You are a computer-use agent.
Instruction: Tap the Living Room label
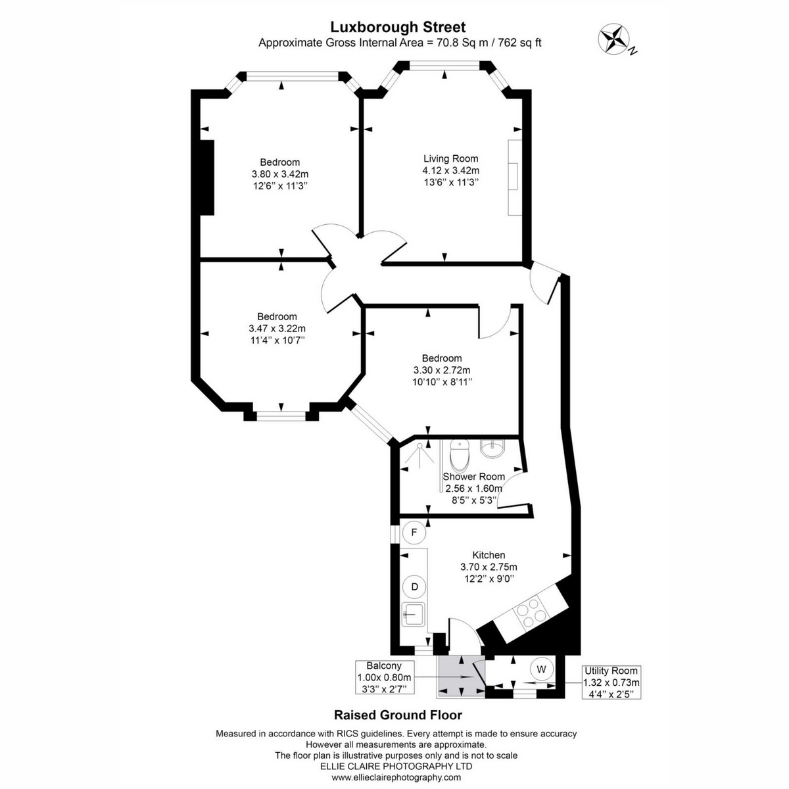click(x=450, y=158)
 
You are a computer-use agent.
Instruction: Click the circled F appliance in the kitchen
click(x=414, y=533)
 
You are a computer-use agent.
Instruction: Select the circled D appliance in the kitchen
click(x=414, y=586)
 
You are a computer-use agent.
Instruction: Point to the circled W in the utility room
click(x=541, y=669)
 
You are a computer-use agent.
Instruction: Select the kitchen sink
click(x=413, y=615)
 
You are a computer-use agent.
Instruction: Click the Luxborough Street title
click(x=398, y=27)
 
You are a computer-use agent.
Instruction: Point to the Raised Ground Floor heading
click(x=398, y=715)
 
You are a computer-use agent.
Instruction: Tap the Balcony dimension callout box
click(x=384, y=677)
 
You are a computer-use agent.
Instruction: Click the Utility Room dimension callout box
click(x=611, y=682)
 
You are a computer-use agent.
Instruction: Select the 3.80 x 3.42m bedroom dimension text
click(x=280, y=174)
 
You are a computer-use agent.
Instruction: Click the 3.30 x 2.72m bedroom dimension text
click(x=442, y=370)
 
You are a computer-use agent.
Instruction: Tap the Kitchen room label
click(x=489, y=555)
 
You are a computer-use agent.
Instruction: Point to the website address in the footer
click(x=396, y=777)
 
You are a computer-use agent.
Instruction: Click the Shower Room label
click(x=473, y=477)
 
